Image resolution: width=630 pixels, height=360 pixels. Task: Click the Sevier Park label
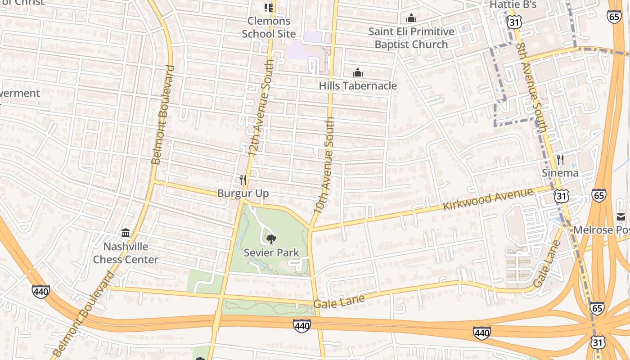pos(271,252)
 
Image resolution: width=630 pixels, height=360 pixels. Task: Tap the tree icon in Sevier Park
pos(271,239)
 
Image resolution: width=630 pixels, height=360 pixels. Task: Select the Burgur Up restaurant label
pos(243,193)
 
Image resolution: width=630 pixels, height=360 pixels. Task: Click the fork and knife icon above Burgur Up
pos(243,180)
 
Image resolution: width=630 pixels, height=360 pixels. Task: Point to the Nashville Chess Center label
pos(126,253)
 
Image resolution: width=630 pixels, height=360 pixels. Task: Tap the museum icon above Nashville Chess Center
pos(126,233)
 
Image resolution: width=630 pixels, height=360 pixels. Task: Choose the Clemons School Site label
pos(269,27)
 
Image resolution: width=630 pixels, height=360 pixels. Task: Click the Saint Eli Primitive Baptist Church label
pos(411,38)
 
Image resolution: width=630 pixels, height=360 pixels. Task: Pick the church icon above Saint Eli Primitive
pos(411,18)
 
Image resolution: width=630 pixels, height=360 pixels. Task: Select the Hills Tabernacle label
pos(358,85)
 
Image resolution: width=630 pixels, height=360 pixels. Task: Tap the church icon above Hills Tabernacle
pos(358,72)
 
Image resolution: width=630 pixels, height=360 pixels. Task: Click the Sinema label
pos(560,173)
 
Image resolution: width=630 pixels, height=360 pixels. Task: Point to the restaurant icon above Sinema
pos(560,159)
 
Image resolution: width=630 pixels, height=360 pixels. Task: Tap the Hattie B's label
pos(513,4)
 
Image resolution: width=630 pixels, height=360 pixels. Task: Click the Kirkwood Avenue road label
pos(488,199)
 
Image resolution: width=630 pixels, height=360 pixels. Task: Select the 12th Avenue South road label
pos(260,108)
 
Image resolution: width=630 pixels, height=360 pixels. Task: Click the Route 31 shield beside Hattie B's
pos(513,21)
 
